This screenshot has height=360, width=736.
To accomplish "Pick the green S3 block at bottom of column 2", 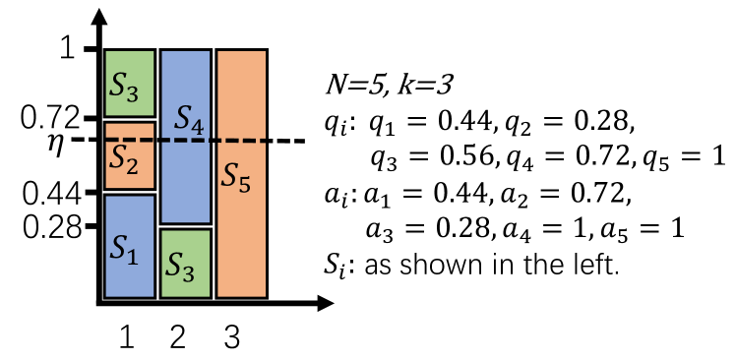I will pos(186,263).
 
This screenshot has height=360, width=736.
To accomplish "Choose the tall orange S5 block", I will pos(241,172).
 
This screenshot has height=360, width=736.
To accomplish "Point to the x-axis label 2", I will pos(178,337).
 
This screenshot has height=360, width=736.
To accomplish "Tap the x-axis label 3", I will pos(232,337).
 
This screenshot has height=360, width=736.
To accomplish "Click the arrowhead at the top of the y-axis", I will pos(99,19).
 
